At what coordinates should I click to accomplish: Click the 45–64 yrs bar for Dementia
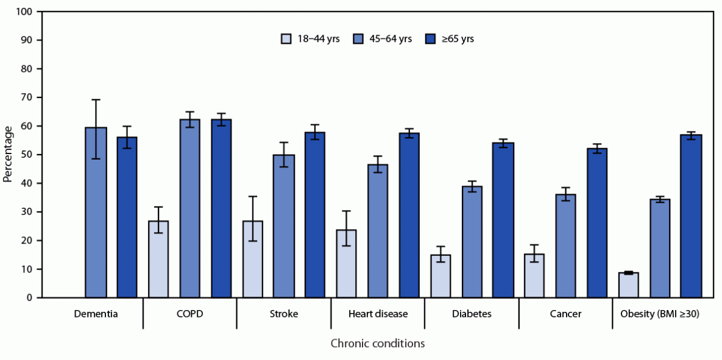pyautogui.click(x=96, y=213)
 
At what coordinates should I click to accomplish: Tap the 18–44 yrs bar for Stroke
pyautogui.click(x=253, y=259)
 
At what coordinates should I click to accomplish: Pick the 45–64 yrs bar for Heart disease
pyautogui.click(x=377, y=231)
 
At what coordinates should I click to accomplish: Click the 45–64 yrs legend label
pyautogui.click(x=392, y=39)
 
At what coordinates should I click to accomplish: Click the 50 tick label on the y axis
pyautogui.click(x=27, y=155)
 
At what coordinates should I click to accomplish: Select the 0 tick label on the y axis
pyautogui.click(x=29, y=298)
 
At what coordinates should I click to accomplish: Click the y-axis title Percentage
pyautogui.click(x=8, y=154)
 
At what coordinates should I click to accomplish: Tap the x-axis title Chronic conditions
pyautogui.click(x=377, y=344)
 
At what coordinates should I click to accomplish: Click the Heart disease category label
pyautogui.click(x=377, y=314)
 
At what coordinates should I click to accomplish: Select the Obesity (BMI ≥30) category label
pyautogui.click(x=659, y=314)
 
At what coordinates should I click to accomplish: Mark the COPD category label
pyautogui.click(x=189, y=314)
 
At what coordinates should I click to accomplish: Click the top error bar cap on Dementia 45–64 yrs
pyautogui.click(x=96, y=100)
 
